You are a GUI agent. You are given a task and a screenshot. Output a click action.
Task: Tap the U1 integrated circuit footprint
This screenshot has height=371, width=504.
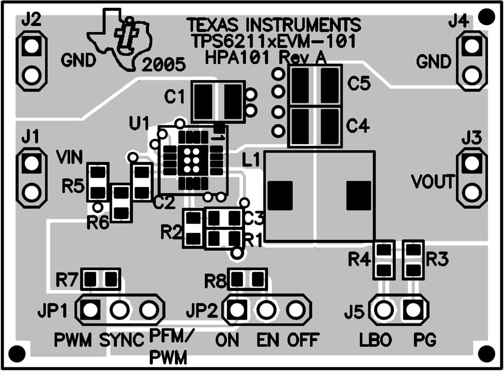pos(193,160)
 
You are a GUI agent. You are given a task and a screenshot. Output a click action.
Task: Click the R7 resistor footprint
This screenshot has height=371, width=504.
pos(100,278)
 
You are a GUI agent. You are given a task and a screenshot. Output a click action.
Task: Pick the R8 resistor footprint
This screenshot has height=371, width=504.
pos(248,278)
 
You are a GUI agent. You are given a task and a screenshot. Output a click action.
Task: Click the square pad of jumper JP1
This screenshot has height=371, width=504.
pos(91,311)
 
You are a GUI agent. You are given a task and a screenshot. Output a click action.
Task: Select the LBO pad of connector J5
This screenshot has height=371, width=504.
pos(383,311)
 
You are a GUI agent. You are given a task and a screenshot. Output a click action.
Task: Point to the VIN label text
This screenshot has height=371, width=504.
pos(70,158)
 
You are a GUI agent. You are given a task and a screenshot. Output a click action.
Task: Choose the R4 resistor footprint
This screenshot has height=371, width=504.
pos(384,260)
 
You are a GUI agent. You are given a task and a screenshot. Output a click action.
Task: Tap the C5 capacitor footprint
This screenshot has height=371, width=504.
pos(315,84)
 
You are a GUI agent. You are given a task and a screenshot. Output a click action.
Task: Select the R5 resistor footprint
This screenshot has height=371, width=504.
pos(98,182)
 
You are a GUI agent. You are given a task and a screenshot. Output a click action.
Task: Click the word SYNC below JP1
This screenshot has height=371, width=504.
pos(122,341)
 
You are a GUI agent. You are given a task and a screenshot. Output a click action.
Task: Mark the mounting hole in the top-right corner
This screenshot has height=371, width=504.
pos(486,17)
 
